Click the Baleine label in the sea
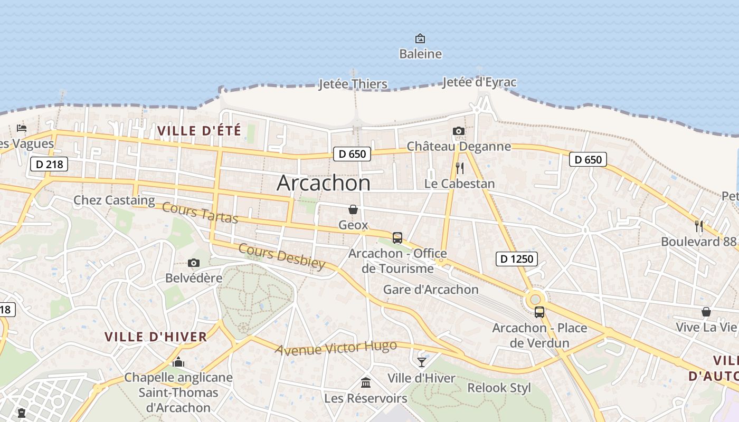pos(420,54)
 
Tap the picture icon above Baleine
pos(420,39)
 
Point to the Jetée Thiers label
pos(353,84)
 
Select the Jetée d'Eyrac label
pos(479,82)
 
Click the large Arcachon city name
pos(324,183)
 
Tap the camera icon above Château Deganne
pos(459,131)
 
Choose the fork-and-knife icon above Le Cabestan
pos(460,168)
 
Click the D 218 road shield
pos(49,164)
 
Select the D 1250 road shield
pos(517,258)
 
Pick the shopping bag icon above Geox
pos(353,209)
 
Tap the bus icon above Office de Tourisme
pos(397,238)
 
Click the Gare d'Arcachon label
pos(431,290)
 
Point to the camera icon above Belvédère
pos(194,263)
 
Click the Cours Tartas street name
pos(200,212)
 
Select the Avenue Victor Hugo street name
pos(336,348)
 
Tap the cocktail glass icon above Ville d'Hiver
pos(421,362)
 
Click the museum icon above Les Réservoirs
pos(365,382)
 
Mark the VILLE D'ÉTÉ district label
pos(199,130)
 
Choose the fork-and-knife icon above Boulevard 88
pos(699,226)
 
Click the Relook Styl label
pos(499,388)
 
